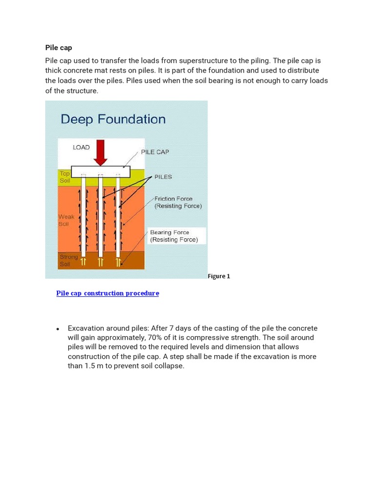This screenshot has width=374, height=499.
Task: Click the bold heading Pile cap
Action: (x=58, y=48)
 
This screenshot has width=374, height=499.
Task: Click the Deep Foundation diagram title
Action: (x=112, y=119)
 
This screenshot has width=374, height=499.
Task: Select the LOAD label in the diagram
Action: (x=81, y=147)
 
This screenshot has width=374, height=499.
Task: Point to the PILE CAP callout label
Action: (x=155, y=152)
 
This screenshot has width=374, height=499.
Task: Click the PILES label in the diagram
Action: (x=163, y=177)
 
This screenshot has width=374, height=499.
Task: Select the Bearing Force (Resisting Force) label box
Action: (x=174, y=236)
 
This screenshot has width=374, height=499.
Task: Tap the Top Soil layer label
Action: (x=64, y=177)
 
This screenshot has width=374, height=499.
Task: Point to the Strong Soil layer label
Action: (x=68, y=260)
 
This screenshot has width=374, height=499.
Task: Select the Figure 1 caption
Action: (x=219, y=276)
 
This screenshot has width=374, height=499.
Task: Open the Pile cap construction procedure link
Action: (x=108, y=293)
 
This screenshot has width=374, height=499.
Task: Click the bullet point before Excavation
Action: (x=57, y=329)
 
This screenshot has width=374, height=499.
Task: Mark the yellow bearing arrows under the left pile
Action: (x=83, y=262)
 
